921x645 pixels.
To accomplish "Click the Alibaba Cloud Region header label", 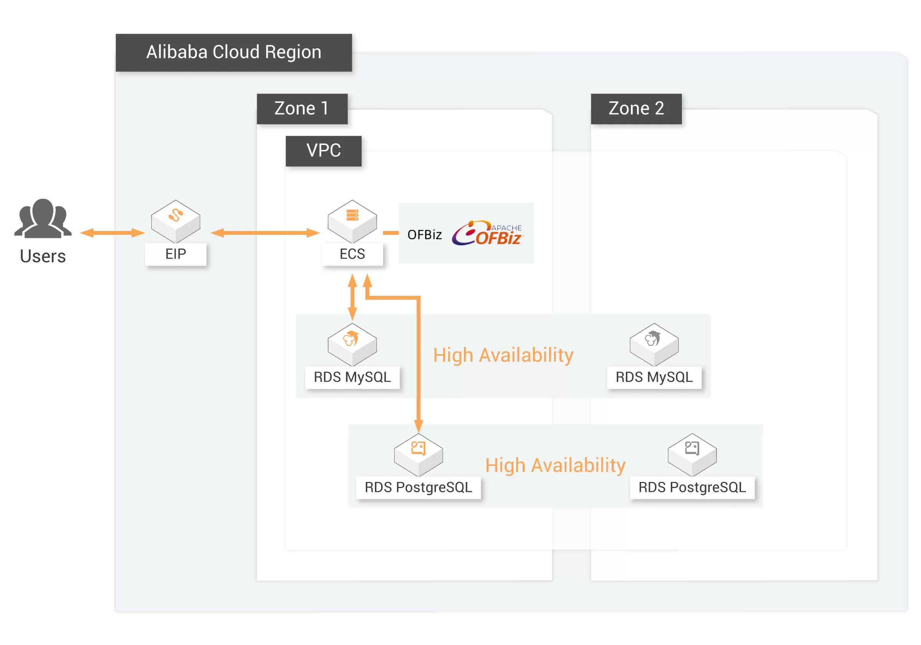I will pos(233,52).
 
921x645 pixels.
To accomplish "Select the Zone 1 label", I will pos(302,109).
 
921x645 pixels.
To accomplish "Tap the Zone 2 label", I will pos(636,109).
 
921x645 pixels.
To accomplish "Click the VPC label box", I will pos(324,151).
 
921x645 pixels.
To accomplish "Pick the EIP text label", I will pos(176,254).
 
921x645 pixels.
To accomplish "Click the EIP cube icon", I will pos(176,221).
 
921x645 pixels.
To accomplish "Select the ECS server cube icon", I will pos(352,221).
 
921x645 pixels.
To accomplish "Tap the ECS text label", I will pos(352,254).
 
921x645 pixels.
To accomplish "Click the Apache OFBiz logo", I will pos(487,233).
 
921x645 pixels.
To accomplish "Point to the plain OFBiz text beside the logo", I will pos(424,235).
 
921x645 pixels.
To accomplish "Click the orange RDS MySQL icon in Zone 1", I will pos(352,344).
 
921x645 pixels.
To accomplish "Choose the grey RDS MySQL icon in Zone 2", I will pos(654,344).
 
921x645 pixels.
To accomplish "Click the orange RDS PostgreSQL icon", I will pos(418,454).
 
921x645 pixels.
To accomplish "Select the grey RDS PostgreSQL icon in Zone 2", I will pos(692,454).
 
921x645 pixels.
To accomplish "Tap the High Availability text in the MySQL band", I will pos(503,355).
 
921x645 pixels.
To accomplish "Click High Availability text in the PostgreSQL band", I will pos(555,466).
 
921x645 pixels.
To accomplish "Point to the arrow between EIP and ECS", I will pos(265,233).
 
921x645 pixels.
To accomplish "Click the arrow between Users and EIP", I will pos(112,233).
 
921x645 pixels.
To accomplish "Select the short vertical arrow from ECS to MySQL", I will pos(352,297).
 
